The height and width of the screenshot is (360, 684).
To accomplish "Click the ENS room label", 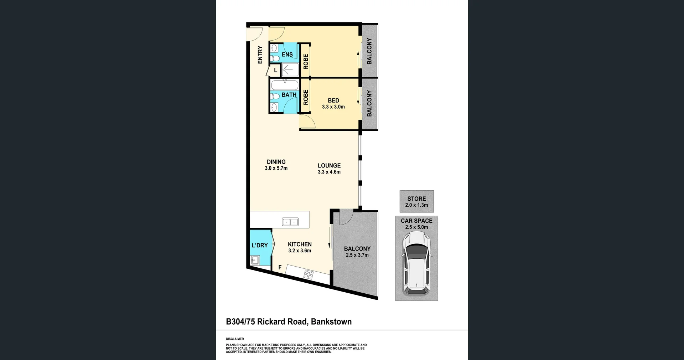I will (287, 55).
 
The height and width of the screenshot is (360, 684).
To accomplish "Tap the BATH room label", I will (289, 95).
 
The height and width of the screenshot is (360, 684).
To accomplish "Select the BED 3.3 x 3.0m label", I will (333, 103).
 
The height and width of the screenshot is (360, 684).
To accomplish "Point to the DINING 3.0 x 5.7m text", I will (276, 165).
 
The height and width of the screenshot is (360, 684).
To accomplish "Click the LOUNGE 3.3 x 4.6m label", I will (329, 168).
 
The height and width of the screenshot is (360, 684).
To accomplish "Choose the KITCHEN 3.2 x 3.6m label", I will (300, 247).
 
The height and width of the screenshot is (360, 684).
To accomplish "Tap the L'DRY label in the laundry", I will (259, 245).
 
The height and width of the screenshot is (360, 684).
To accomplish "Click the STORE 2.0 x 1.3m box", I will (416, 201).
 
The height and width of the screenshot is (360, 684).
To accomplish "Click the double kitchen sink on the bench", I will (290, 222).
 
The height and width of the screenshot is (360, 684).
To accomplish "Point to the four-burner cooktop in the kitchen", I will (309, 274).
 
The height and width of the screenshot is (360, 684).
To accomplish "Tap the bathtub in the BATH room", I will (285, 85).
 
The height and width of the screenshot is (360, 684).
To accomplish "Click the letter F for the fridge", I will (280, 267).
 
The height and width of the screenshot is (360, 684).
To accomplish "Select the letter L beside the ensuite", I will (275, 71).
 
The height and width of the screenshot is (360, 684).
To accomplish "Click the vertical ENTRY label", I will (260, 55).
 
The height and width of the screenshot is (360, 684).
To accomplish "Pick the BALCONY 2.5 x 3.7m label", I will (357, 252).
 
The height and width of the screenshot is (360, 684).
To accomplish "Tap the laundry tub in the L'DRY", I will (255, 260).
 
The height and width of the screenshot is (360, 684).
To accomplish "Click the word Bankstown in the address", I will (331, 322).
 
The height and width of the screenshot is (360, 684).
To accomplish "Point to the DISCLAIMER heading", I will (235, 339).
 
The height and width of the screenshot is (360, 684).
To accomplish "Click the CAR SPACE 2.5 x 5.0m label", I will (416, 224).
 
